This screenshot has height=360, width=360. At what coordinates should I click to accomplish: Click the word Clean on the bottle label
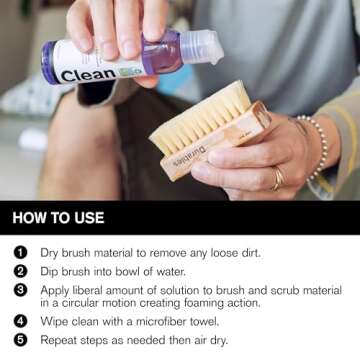[89, 75]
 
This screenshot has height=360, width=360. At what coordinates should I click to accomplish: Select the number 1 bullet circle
[20, 253]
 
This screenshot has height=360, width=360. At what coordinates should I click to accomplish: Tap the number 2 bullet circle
[20, 270]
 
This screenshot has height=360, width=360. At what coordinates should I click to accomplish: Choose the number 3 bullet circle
[20, 289]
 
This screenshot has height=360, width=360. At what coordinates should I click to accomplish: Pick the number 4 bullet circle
[20, 322]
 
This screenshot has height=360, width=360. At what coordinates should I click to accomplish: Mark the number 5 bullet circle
[20, 340]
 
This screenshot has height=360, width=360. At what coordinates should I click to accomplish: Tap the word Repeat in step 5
[60, 340]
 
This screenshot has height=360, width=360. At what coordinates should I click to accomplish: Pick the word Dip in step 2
[50, 270]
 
